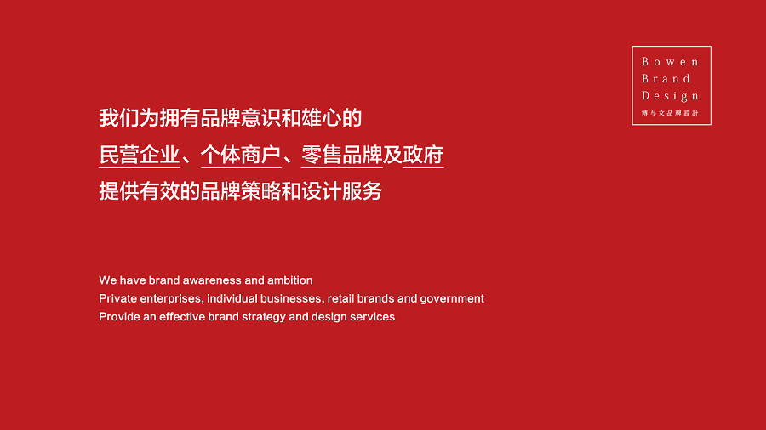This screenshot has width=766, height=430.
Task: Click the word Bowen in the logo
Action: click(671, 62)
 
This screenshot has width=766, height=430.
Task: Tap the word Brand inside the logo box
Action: click(666, 78)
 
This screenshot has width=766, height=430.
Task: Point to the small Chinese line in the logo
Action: click(671, 113)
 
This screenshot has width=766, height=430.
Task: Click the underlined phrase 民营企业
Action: click(140, 155)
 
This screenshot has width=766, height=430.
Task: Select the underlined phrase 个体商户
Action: click(241, 155)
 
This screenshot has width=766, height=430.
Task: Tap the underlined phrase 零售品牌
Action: click(341, 155)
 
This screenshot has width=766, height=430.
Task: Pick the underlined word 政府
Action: click(423, 155)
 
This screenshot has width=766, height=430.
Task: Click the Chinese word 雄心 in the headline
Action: click(321, 118)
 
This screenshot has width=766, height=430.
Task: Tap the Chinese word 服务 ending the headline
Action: click(362, 191)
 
